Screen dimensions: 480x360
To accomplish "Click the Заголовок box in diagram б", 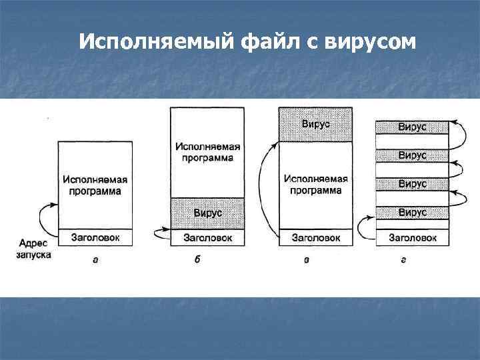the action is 207,237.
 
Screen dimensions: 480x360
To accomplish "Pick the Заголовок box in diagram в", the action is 315,237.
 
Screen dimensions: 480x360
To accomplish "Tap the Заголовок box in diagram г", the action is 413,237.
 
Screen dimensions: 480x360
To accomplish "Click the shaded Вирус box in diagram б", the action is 207,213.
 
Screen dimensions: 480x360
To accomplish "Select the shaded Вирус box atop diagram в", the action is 315,124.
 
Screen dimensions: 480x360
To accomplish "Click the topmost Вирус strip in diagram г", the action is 413,126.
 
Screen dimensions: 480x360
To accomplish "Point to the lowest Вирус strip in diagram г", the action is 413,213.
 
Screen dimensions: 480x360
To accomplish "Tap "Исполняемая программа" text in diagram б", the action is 207,151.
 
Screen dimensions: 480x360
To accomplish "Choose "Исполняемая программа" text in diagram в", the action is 315,184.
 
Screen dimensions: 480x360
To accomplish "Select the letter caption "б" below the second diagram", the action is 197,259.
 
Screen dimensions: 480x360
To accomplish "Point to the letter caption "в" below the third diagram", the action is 306,259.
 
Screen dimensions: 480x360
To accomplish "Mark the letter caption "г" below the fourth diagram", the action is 403,259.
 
